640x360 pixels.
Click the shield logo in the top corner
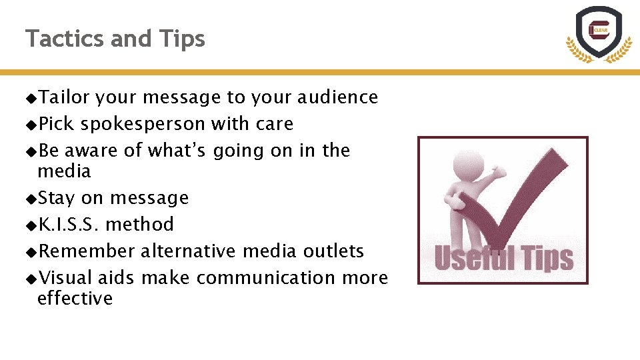[x=598, y=33]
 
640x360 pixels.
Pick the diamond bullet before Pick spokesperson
[x=31, y=125]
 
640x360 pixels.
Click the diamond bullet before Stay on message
[x=31, y=199]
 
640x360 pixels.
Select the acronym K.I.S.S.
[x=69, y=224]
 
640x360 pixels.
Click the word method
[x=139, y=224]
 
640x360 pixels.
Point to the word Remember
[x=87, y=251]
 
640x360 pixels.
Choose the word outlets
[x=333, y=251]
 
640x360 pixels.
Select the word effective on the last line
[x=75, y=298]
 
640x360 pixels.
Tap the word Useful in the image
[x=474, y=258]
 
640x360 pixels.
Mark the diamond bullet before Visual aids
[x=31, y=278]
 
